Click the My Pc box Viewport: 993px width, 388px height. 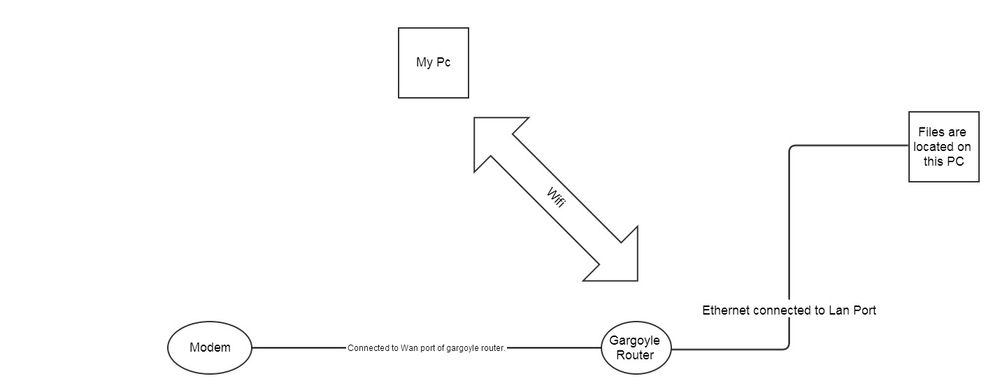[x=433, y=63]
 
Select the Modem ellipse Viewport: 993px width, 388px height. [x=210, y=347]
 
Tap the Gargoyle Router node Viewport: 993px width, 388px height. [x=636, y=347]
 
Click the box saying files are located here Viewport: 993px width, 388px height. [x=943, y=147]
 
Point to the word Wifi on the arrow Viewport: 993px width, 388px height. [x=556, y=199]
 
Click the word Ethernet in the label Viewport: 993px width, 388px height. [x=725, y=310]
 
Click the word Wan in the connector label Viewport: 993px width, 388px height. [x=410, y=348]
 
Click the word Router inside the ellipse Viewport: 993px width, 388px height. [x=636, y=355]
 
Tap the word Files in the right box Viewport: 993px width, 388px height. [x=932, y=133]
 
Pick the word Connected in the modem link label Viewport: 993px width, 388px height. [x=367, y=348]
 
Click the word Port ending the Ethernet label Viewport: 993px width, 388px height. [x=864, y=310]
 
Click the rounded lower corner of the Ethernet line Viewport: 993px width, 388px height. [x=787, y=345]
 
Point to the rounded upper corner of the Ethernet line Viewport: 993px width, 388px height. [x=792, y=148]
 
